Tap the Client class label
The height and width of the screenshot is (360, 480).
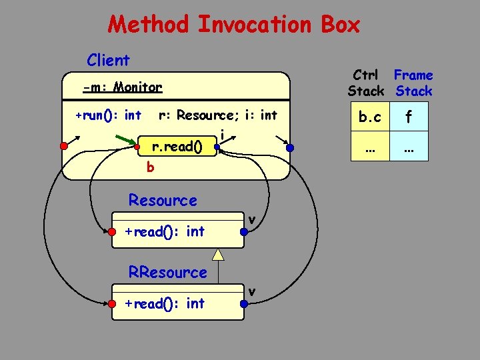(108, 60)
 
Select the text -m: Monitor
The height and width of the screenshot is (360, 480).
(122, 87)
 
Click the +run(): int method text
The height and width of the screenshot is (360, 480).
(108, 115)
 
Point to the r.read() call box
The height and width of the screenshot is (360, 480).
(177, 146)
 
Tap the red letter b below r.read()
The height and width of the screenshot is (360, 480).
(150, 167)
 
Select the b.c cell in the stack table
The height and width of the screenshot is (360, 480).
(370, 117)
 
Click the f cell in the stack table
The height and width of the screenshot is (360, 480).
(408, 117)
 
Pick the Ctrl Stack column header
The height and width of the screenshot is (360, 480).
(366, 83)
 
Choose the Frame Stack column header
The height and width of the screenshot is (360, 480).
(413, 83)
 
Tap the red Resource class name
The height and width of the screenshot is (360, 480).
(163, 200)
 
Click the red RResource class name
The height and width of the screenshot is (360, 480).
(168, 272)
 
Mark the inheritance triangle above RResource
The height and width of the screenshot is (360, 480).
(217, 253)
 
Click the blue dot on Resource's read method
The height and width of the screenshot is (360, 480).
(245, 232)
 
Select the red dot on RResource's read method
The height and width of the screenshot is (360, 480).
(112, 304)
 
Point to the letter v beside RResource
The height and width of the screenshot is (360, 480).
(252, 291)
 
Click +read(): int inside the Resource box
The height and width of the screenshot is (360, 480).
(165, 231)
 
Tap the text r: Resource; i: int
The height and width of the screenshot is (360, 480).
(217, 115)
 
